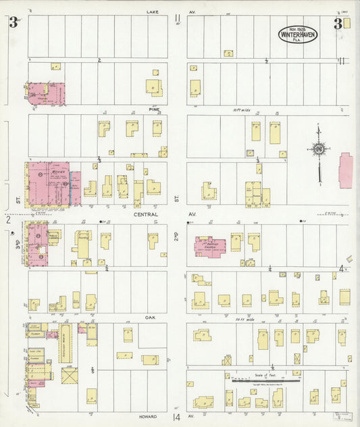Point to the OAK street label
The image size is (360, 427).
(x=149, y=316)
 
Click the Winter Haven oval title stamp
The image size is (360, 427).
(x=297, y=34)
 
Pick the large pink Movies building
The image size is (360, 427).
(x=47, y=184)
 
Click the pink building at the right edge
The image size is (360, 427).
(x=346, y=170)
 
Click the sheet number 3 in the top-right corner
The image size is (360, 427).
(x=336, y=24)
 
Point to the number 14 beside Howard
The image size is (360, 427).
(x=177, y=418)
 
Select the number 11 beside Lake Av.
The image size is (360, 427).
(x=177, y=19)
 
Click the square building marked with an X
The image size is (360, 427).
(x=70, y=376)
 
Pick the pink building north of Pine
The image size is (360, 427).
(x=46, y=93)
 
